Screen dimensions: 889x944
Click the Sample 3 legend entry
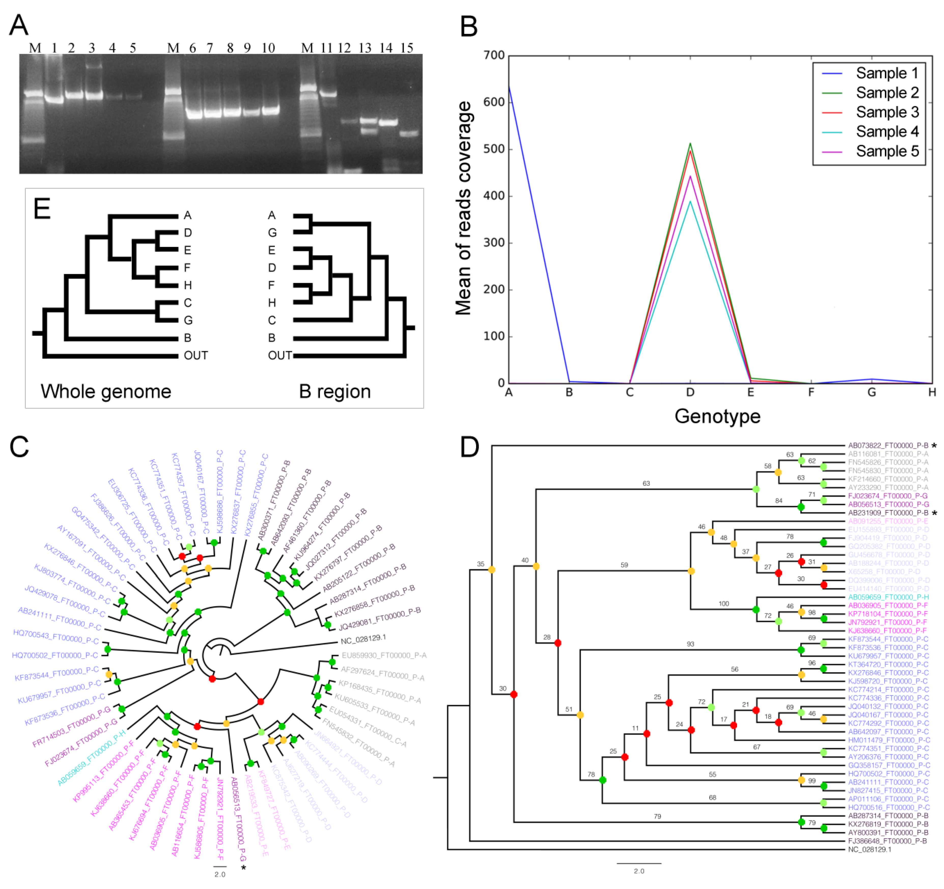tap(887, 112)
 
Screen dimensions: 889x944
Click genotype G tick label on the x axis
tap(871, 392)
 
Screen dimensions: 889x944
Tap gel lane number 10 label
tap(268, 48)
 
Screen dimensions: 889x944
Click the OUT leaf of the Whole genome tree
tap(196, 355)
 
